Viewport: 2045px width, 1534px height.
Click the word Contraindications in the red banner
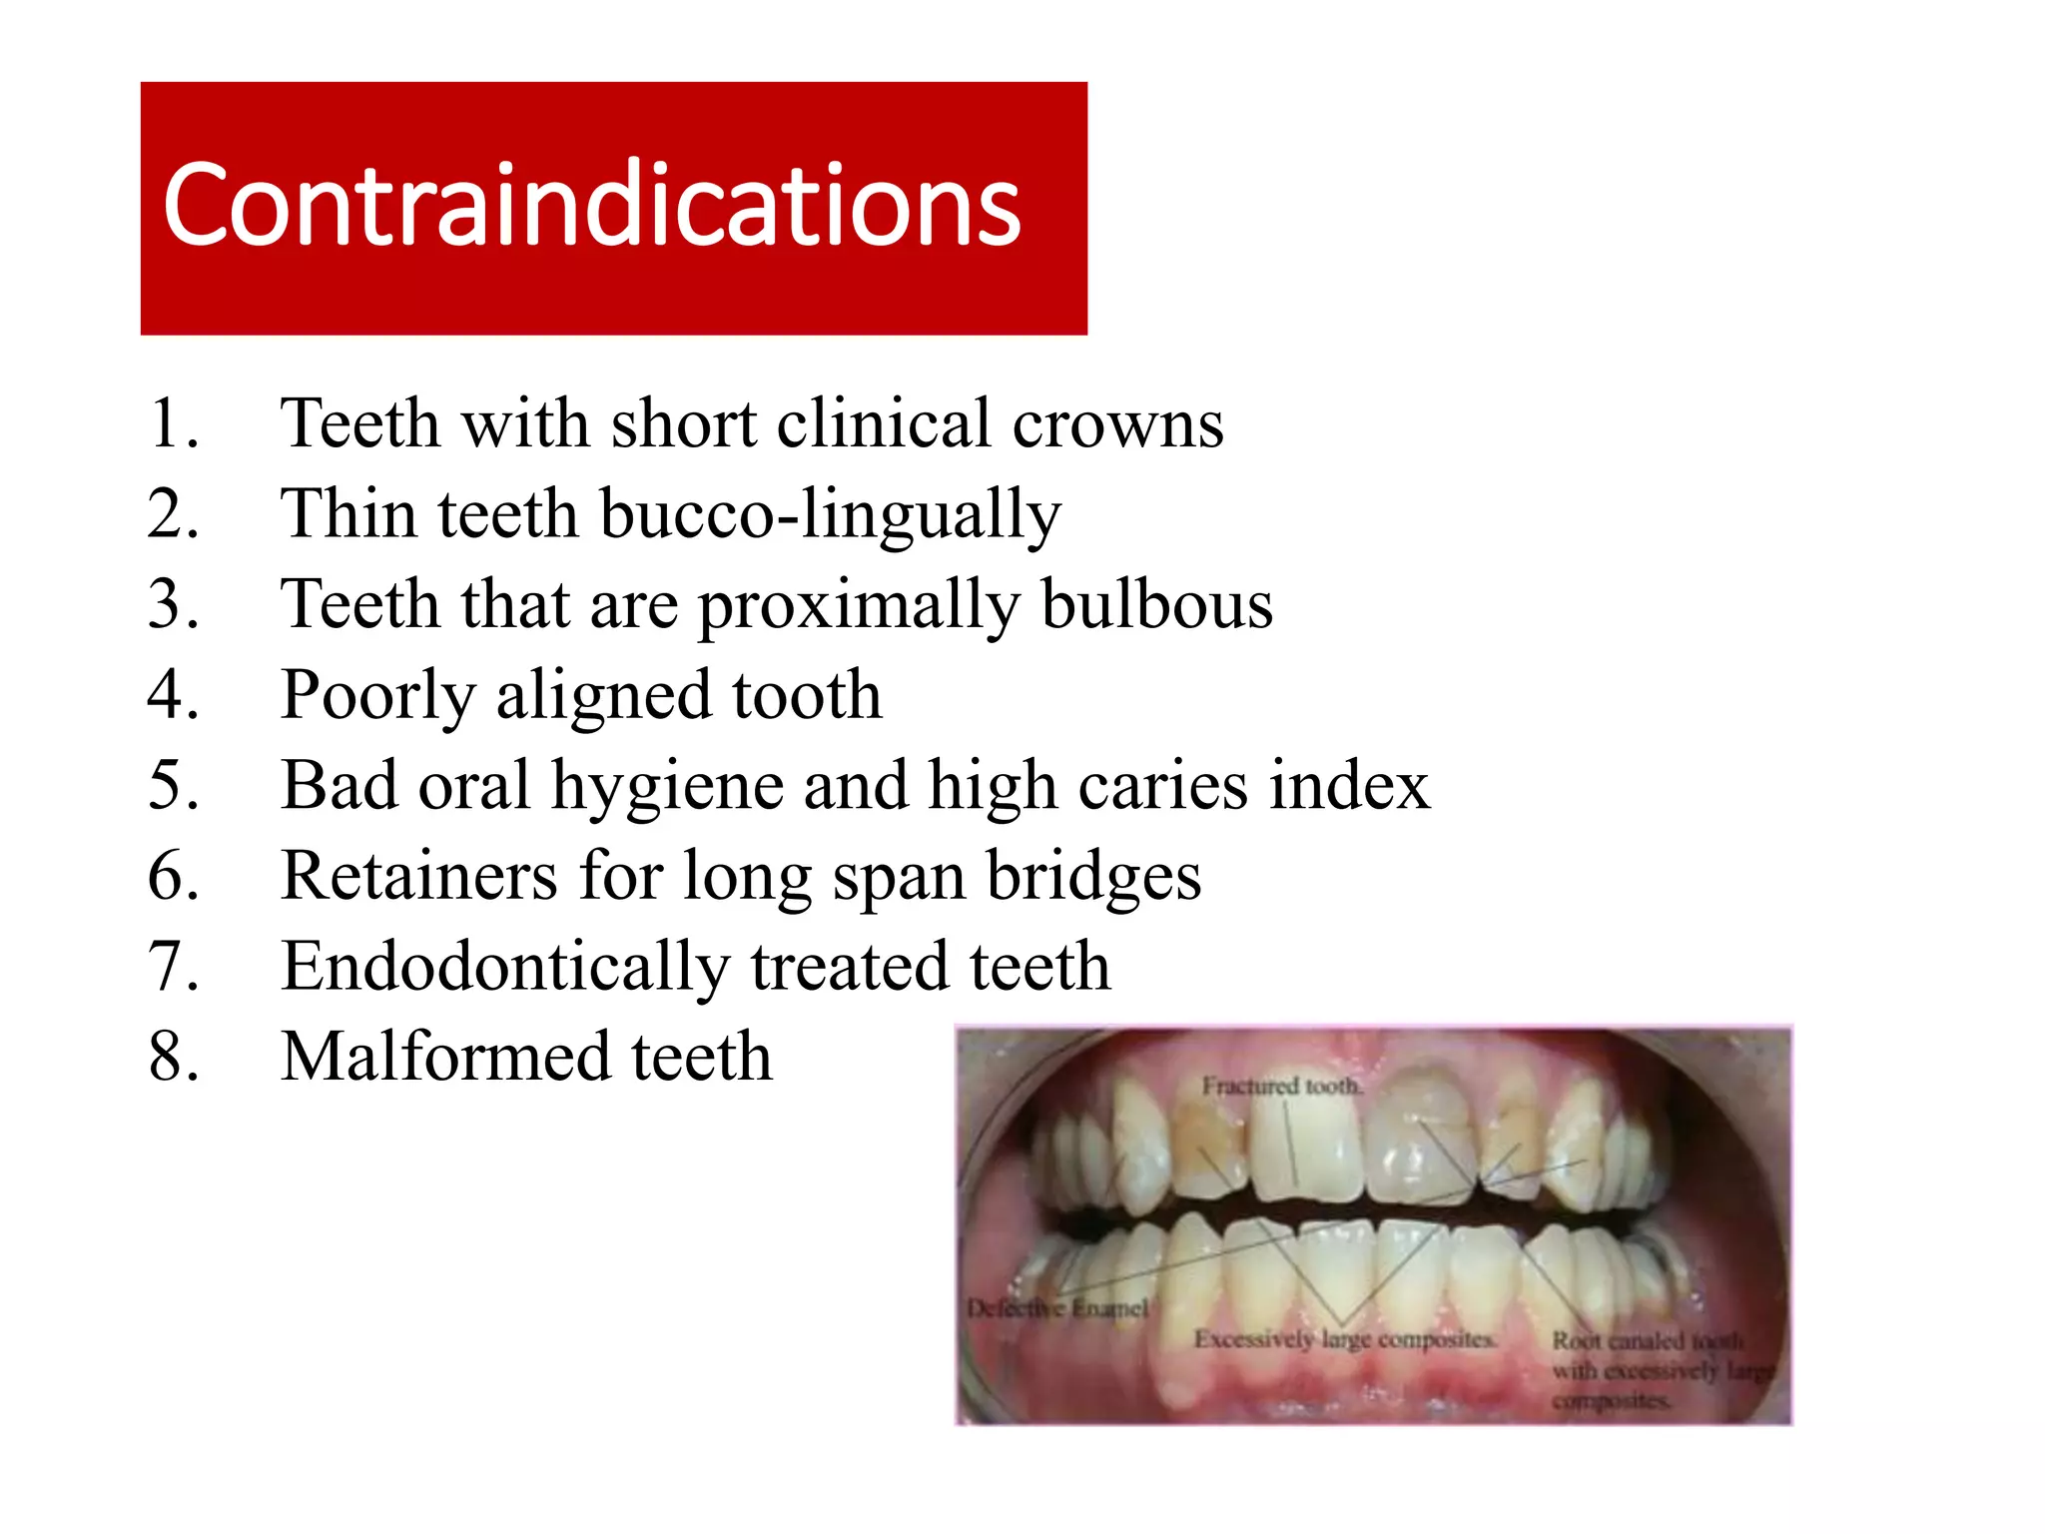(592, 206)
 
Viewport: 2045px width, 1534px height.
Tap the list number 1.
(173, 423)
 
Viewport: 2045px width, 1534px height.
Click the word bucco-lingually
(831, 515)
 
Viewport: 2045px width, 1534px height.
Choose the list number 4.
(173, 695)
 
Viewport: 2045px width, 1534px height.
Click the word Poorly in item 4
(377, 697)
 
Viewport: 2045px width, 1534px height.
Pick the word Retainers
(419, 876)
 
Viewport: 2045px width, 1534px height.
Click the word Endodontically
(505, 968)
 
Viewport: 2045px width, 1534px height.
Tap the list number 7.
(173, 967)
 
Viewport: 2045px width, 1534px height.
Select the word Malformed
(444, 1057)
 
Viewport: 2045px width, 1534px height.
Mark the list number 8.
(173, 1058)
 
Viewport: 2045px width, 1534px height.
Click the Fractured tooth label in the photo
(1281, 1086)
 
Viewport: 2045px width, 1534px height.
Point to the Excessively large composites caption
(1345, 1339)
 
